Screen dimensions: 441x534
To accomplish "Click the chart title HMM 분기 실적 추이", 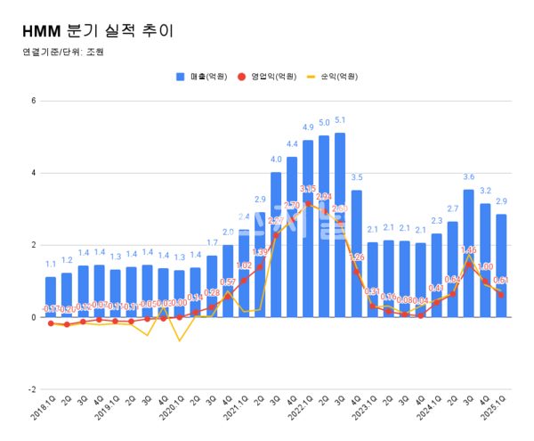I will point(97,29).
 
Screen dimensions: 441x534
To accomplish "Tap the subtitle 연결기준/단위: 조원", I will point(62,52).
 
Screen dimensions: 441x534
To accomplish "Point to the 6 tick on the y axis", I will point(33,101).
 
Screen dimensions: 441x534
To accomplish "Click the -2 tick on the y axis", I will point(31,389).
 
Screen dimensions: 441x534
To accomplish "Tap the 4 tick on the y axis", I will point(33,173).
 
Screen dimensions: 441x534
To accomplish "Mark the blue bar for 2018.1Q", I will point(51,297).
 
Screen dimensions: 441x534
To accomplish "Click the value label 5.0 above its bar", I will point(324,123).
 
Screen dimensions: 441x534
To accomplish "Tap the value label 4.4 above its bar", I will point(292,144).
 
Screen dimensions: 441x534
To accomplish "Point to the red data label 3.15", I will point(308,189).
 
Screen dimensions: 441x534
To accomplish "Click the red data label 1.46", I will point(468,250).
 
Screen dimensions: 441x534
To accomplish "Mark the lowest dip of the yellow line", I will point(179,340).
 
